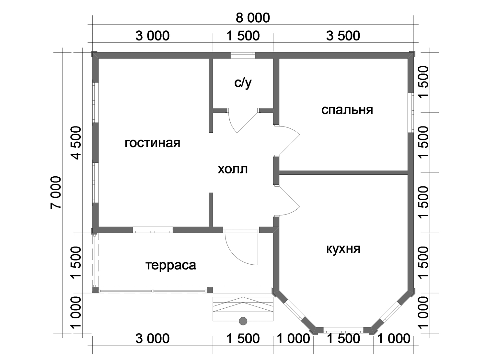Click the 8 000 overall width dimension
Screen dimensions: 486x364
pos(253,18)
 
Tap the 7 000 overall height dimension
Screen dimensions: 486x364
pos(56,192)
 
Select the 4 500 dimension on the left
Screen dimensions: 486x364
pos(76,143)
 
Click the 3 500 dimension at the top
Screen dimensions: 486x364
pos(343,36)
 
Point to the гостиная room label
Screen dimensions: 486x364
pos(152,143)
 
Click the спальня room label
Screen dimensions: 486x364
pos(347,110)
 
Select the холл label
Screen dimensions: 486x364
pos(233,170)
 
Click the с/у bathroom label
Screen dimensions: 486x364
pos(243,83)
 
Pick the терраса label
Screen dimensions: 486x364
pos(171,265)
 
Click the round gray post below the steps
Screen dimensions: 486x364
pos(243,321)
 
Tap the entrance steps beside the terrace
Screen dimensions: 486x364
pos(243,309)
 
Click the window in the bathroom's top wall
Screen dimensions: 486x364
pos(243,55)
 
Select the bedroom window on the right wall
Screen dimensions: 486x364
pos(411,112)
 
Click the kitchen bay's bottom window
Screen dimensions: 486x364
pos(343,330)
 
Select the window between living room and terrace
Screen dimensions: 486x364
pos(153,230)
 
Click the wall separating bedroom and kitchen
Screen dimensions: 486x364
pos(343,172)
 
